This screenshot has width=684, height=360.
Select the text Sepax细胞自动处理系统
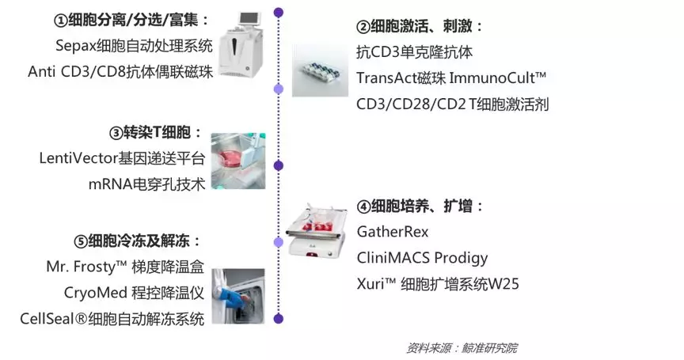click(134, 46)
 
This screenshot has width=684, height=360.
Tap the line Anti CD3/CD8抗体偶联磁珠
click(120, 71)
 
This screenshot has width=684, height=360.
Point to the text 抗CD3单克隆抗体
click(414, 52)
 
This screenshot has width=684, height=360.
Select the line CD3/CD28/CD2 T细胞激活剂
click(452, 104)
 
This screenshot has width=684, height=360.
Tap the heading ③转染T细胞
click(156, 132)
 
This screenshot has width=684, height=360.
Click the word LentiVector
click(78, 158)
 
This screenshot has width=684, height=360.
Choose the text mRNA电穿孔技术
click(146, 184)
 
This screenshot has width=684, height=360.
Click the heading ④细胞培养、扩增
click(420, 207)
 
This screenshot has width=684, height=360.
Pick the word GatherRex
click(393, 231)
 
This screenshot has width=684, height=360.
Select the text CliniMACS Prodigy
click(422, 258)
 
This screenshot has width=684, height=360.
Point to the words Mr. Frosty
click(81, 267)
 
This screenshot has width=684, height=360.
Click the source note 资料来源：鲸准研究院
click(462, 348)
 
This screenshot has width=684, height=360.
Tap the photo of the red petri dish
click(238, 161)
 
